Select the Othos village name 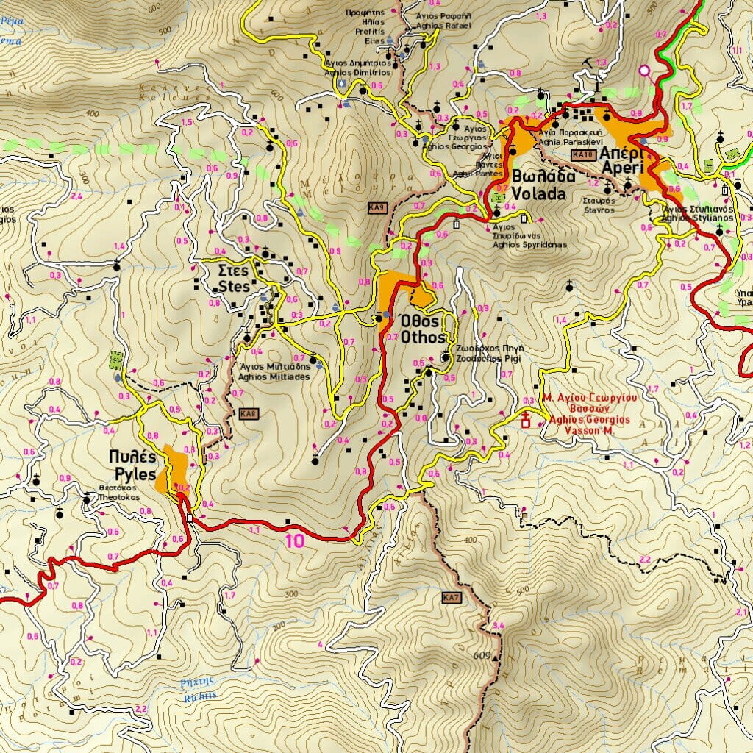[422, 329]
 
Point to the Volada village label [538, 186]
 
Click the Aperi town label [621, 160]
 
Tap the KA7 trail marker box [452, 598]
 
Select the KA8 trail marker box [248, 414]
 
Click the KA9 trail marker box [377, 208]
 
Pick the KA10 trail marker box [583, 155]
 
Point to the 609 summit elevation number [482, 655]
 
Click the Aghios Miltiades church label [274, 371]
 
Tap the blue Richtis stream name [199, 689]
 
